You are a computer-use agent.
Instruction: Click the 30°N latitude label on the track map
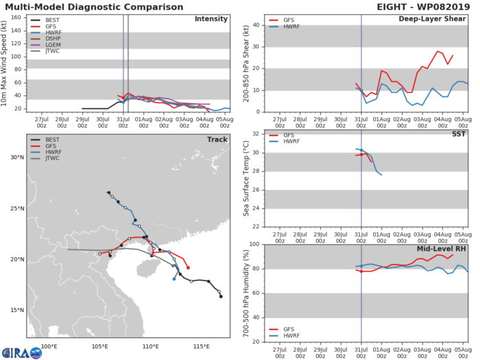click(x=18, y=158)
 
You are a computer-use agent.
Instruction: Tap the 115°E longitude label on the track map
click(x=202, y=346)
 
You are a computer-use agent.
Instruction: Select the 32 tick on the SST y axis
click(x=256, y=134)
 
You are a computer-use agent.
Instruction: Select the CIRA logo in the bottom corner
click(x=21, y=352)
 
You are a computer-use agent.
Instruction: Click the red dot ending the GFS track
click(x=188, y=267)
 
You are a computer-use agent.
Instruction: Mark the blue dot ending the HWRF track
click(x=174, y=278)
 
